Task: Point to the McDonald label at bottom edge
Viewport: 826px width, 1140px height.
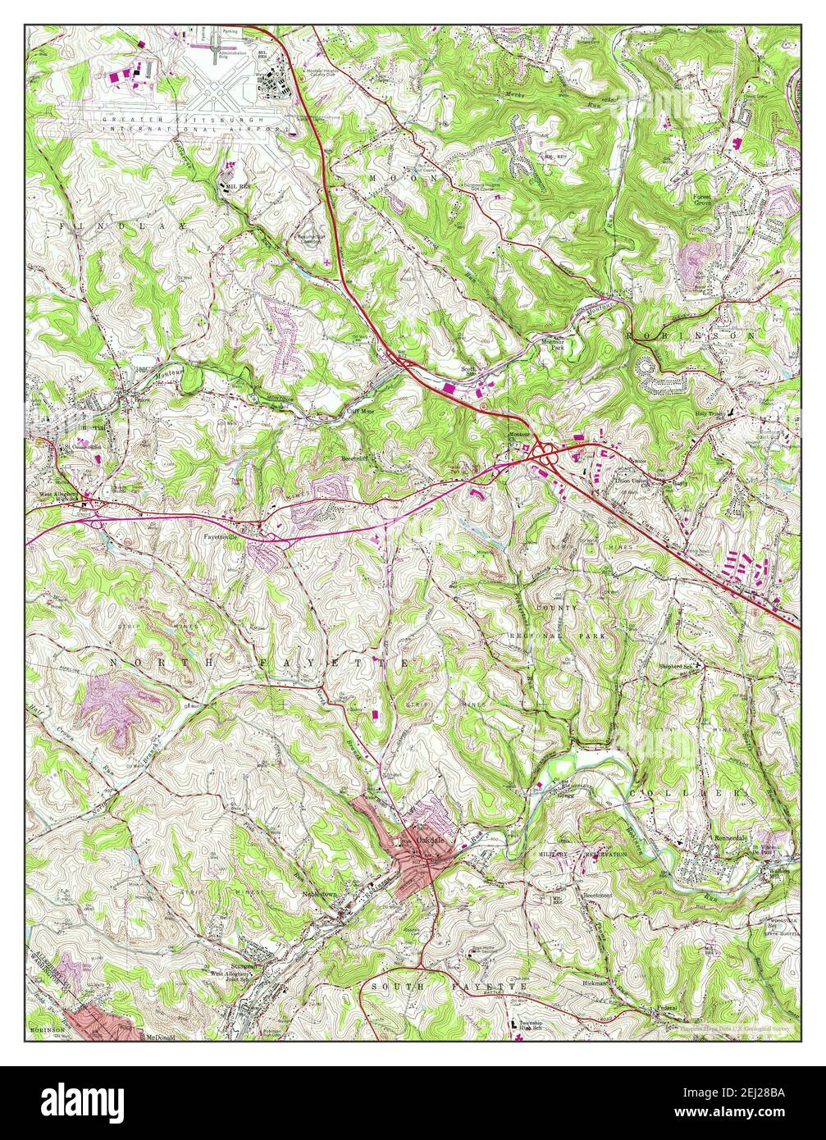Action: click(162, 1037)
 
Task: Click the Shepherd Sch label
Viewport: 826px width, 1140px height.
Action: click(681, 666)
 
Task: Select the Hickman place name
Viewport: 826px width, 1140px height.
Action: click(596, 982)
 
